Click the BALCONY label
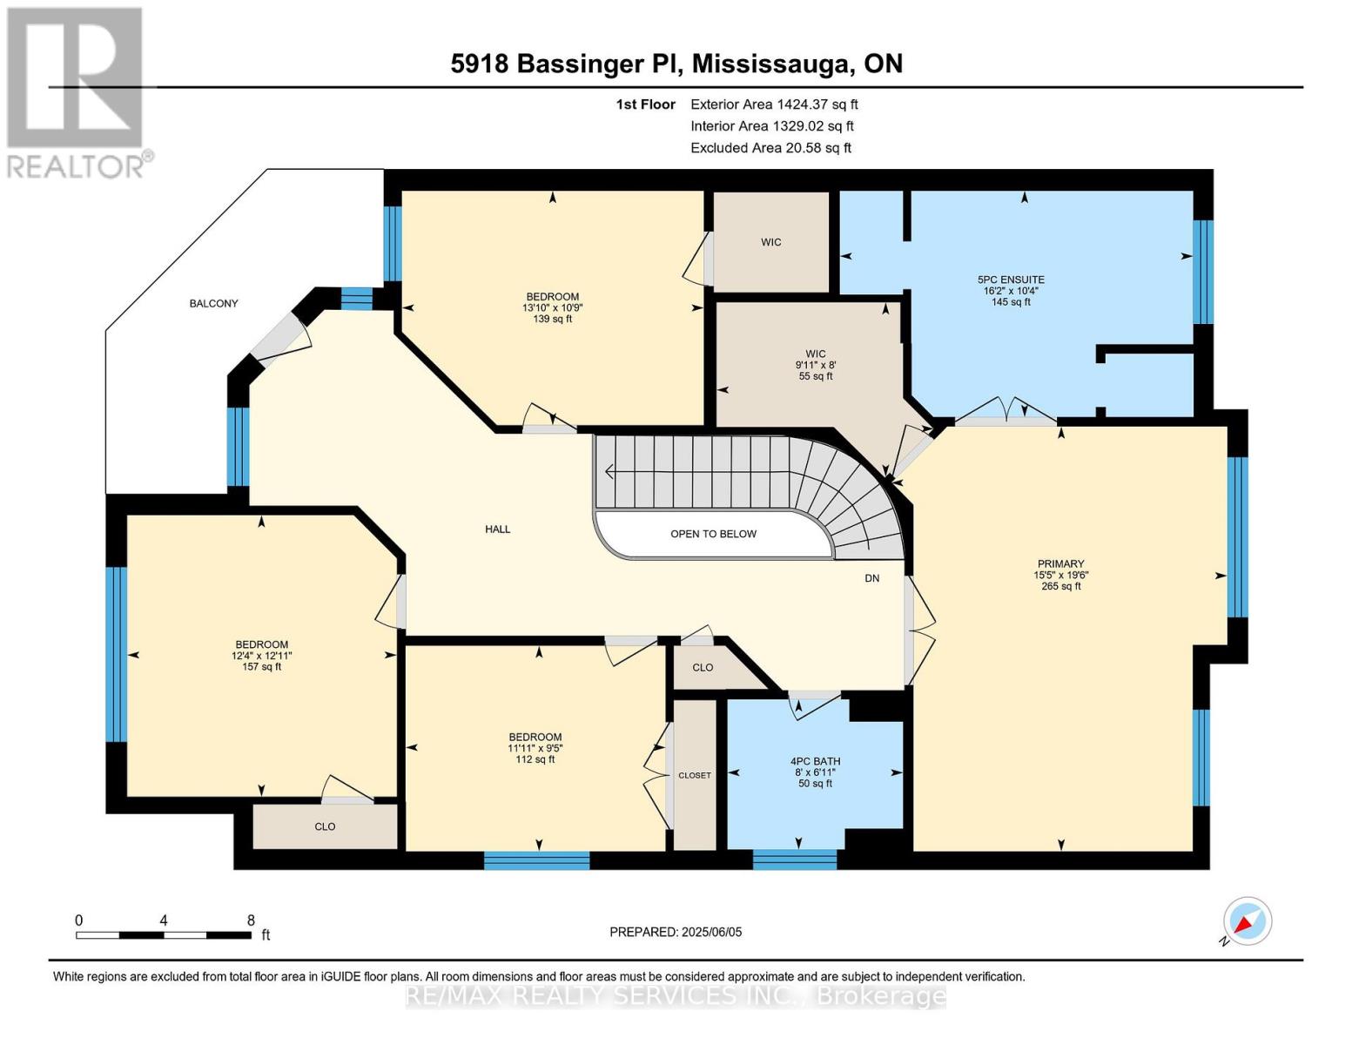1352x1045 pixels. [x=213, y=303]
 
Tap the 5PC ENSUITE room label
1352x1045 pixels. [x=1010, y=280]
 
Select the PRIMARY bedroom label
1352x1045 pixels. [x=1060, y=563]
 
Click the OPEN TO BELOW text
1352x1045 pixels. [x=713, y=534]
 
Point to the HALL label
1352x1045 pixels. [x=497, y=529]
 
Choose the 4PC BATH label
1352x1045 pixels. [x=815, y=761]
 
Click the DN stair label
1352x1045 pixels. [x=871, y=578]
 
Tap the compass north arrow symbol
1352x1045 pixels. [x=1247, y=921]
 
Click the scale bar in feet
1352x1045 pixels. [x=164, y=934]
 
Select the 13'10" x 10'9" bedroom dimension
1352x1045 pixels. [x=552, y=308]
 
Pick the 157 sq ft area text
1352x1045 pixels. [x=261, y=667]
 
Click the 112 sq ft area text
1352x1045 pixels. [x=535, y=759]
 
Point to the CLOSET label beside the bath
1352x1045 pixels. [x=695, y=775]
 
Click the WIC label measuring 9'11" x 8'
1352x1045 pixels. [x=815, y=354]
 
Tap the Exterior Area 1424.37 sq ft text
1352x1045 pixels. [x=774, y=104]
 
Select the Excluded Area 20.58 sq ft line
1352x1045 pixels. [x=770, y=148]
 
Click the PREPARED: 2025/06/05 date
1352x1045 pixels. [x=676, y=932]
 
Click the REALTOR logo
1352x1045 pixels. [x=77, y=91]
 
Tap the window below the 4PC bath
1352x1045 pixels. [x=794, y=860]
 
